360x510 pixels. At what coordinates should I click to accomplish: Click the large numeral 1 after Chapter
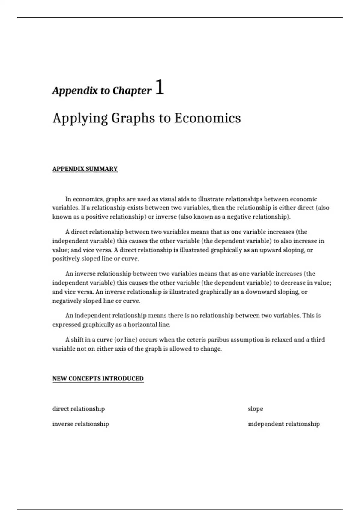160,88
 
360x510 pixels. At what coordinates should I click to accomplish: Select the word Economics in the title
207,118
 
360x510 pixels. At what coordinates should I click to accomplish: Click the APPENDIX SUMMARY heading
85,169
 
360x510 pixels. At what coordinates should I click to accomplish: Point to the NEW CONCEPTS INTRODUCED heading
98,378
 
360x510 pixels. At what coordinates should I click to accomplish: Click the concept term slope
255,409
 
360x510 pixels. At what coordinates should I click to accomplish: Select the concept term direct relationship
79,409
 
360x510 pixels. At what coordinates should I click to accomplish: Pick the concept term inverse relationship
81,424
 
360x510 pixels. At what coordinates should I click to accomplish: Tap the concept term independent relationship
284,424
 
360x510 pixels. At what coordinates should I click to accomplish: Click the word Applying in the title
80,118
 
